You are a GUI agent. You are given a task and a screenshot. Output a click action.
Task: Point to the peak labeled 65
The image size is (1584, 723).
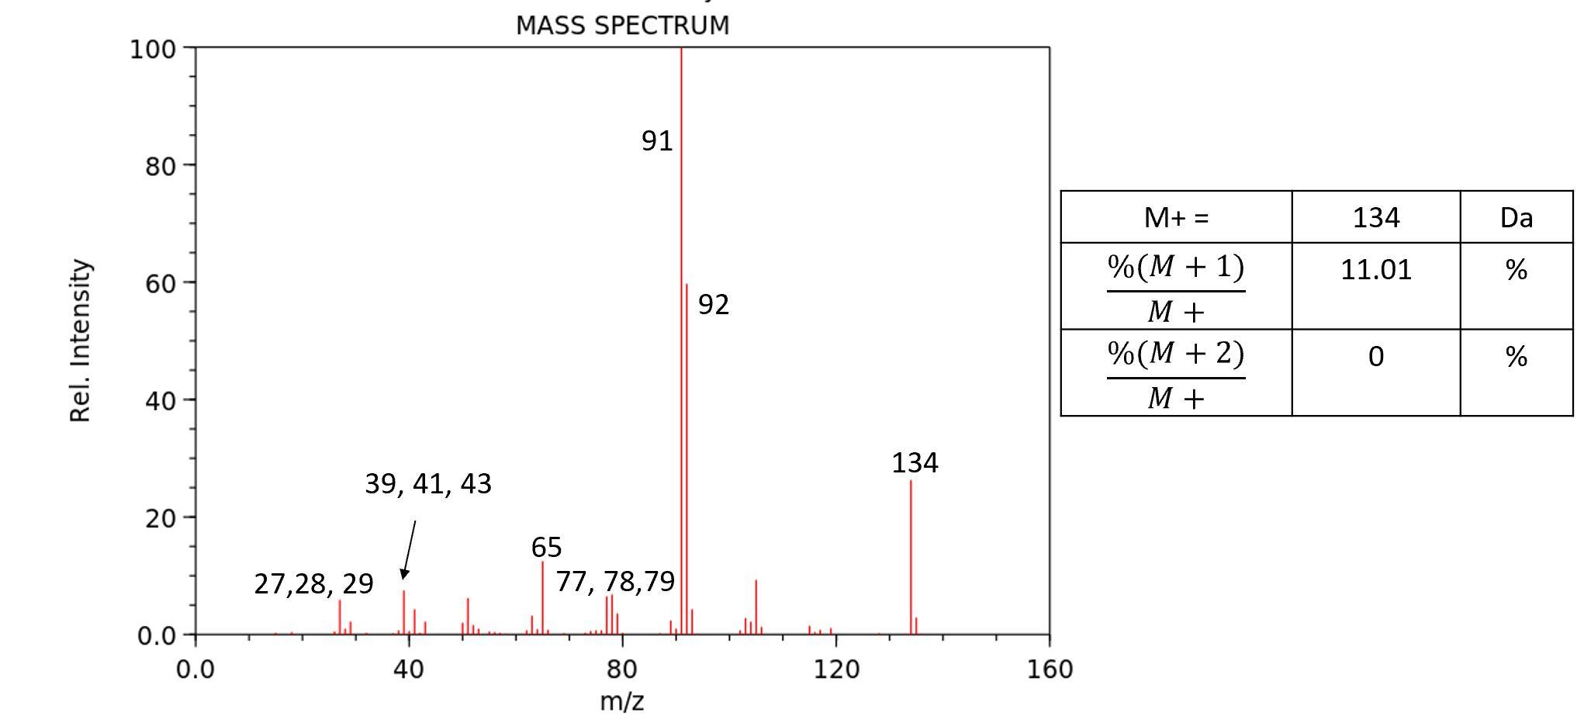[x=542, y=597]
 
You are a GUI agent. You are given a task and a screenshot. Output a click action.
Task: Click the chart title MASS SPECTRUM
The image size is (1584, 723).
[x=622, y=26]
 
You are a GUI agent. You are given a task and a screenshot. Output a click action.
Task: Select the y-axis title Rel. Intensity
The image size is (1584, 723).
[x=81, y=341]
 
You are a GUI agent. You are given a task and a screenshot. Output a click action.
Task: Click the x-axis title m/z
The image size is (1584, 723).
[x=622, y=701]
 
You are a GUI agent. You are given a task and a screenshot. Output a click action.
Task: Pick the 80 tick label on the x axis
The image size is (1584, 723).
[x=622, y=669]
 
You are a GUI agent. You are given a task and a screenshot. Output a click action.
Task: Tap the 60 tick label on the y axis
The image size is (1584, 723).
[x=159, y=283]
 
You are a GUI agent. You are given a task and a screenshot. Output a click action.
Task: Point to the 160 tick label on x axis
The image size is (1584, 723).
[x=1050, y=669]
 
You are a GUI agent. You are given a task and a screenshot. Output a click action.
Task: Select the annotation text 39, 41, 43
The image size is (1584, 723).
[x=428, y=484]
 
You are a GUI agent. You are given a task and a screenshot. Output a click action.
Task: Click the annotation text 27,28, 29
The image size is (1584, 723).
[x=313, y=583]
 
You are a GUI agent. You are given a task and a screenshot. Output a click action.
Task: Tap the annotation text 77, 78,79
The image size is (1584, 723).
[x=615, y=582]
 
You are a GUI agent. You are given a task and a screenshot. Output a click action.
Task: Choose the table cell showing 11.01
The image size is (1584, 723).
[x=1375, y=270]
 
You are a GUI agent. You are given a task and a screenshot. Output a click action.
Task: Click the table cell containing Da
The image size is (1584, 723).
[x=1516, y=218]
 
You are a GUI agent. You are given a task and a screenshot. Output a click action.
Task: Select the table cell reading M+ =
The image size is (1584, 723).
[x=1176, y=218]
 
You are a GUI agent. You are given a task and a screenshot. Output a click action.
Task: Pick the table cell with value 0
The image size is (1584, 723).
[x=1375, y=357]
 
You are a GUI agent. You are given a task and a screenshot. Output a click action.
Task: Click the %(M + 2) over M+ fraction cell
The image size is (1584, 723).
[x=1176, y=374]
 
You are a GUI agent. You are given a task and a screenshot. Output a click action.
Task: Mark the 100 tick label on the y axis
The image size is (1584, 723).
[x=153, y=50]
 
